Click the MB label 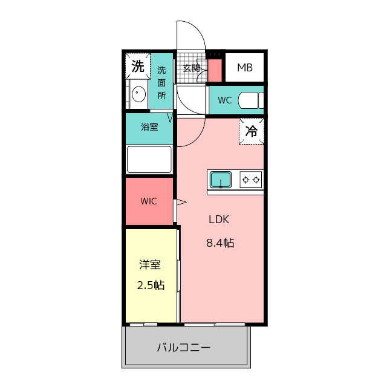tap(245, 68)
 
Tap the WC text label tap(225, 100)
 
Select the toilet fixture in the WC tap(251, 100)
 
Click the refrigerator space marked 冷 tap(252, 131)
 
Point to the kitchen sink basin tap(221, 180)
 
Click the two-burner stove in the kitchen tap(251, 180)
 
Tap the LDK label tap(219, 220)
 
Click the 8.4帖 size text tap(220, 243)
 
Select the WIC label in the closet tap(149, 201)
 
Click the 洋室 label tap(150, 265)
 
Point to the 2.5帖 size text tap(151, 285)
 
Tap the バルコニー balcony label tap(184, 348)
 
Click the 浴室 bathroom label tap(149, 127)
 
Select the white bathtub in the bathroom tap(149, 160)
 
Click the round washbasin tap(138, 94)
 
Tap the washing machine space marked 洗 tap(138, 66)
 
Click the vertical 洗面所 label tap(161, 83)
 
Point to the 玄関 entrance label tap(191, 68)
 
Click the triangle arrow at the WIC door tap(181, 203)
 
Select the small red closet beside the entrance tap(215, 70)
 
